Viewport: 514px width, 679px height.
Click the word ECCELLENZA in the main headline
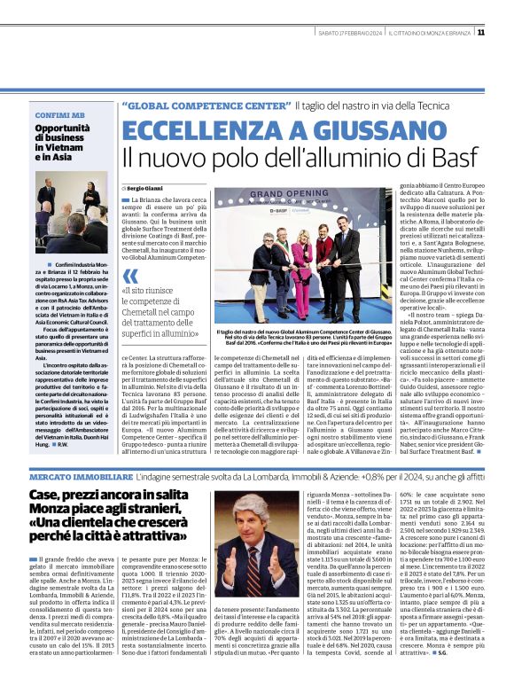pyautogui.click(x=199, y=129)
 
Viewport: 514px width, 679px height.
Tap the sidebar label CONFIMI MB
pyautogui.click(x=60, y=116)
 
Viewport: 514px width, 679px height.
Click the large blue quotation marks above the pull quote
pyautogui.click(x=130, y=276)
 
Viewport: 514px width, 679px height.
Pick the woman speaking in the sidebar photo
pyautogui.click(x=91, y=199)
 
